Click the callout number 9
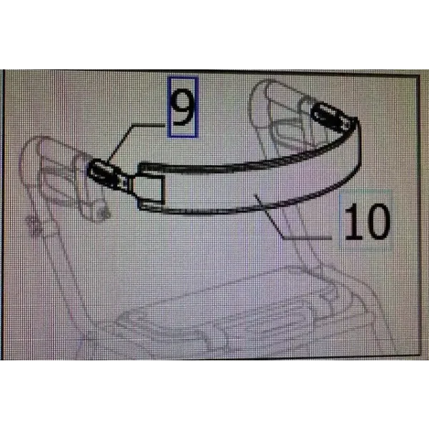point(183,109)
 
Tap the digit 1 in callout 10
point(350,222)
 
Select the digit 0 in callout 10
point(375,222)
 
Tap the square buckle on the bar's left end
point(150,186)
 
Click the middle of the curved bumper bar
point(246,189)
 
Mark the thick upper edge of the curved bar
point(246,167)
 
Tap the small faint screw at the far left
point(35,225)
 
